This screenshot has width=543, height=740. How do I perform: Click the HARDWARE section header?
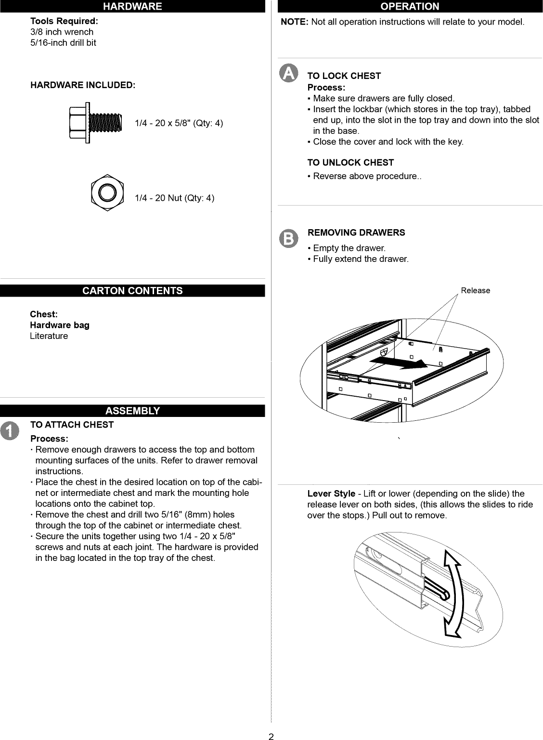coord(132,6)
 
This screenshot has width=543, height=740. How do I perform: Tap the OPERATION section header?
coord(410,6)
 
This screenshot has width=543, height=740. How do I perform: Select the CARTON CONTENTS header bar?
coord(132,291)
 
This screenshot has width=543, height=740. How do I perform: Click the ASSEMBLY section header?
coord(132,411)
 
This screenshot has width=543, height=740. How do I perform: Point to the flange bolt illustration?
coord(96,123)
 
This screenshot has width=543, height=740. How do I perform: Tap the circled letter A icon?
coord(288,73)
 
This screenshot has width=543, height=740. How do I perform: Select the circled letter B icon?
coord(288,238)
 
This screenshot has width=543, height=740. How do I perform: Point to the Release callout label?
coord(475,290)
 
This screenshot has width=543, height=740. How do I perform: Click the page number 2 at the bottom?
coord(271,735)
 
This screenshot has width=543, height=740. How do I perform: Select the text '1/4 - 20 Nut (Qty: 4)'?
coord(174,198)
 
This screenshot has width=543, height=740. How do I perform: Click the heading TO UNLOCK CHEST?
coord(350,163)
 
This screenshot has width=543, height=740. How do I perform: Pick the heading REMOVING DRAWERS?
coord(356,233)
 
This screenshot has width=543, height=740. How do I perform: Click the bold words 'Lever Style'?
coord(331,494)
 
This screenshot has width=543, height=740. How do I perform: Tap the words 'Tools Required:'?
coord(64,21)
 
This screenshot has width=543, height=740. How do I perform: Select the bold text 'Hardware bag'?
coord(60,325)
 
